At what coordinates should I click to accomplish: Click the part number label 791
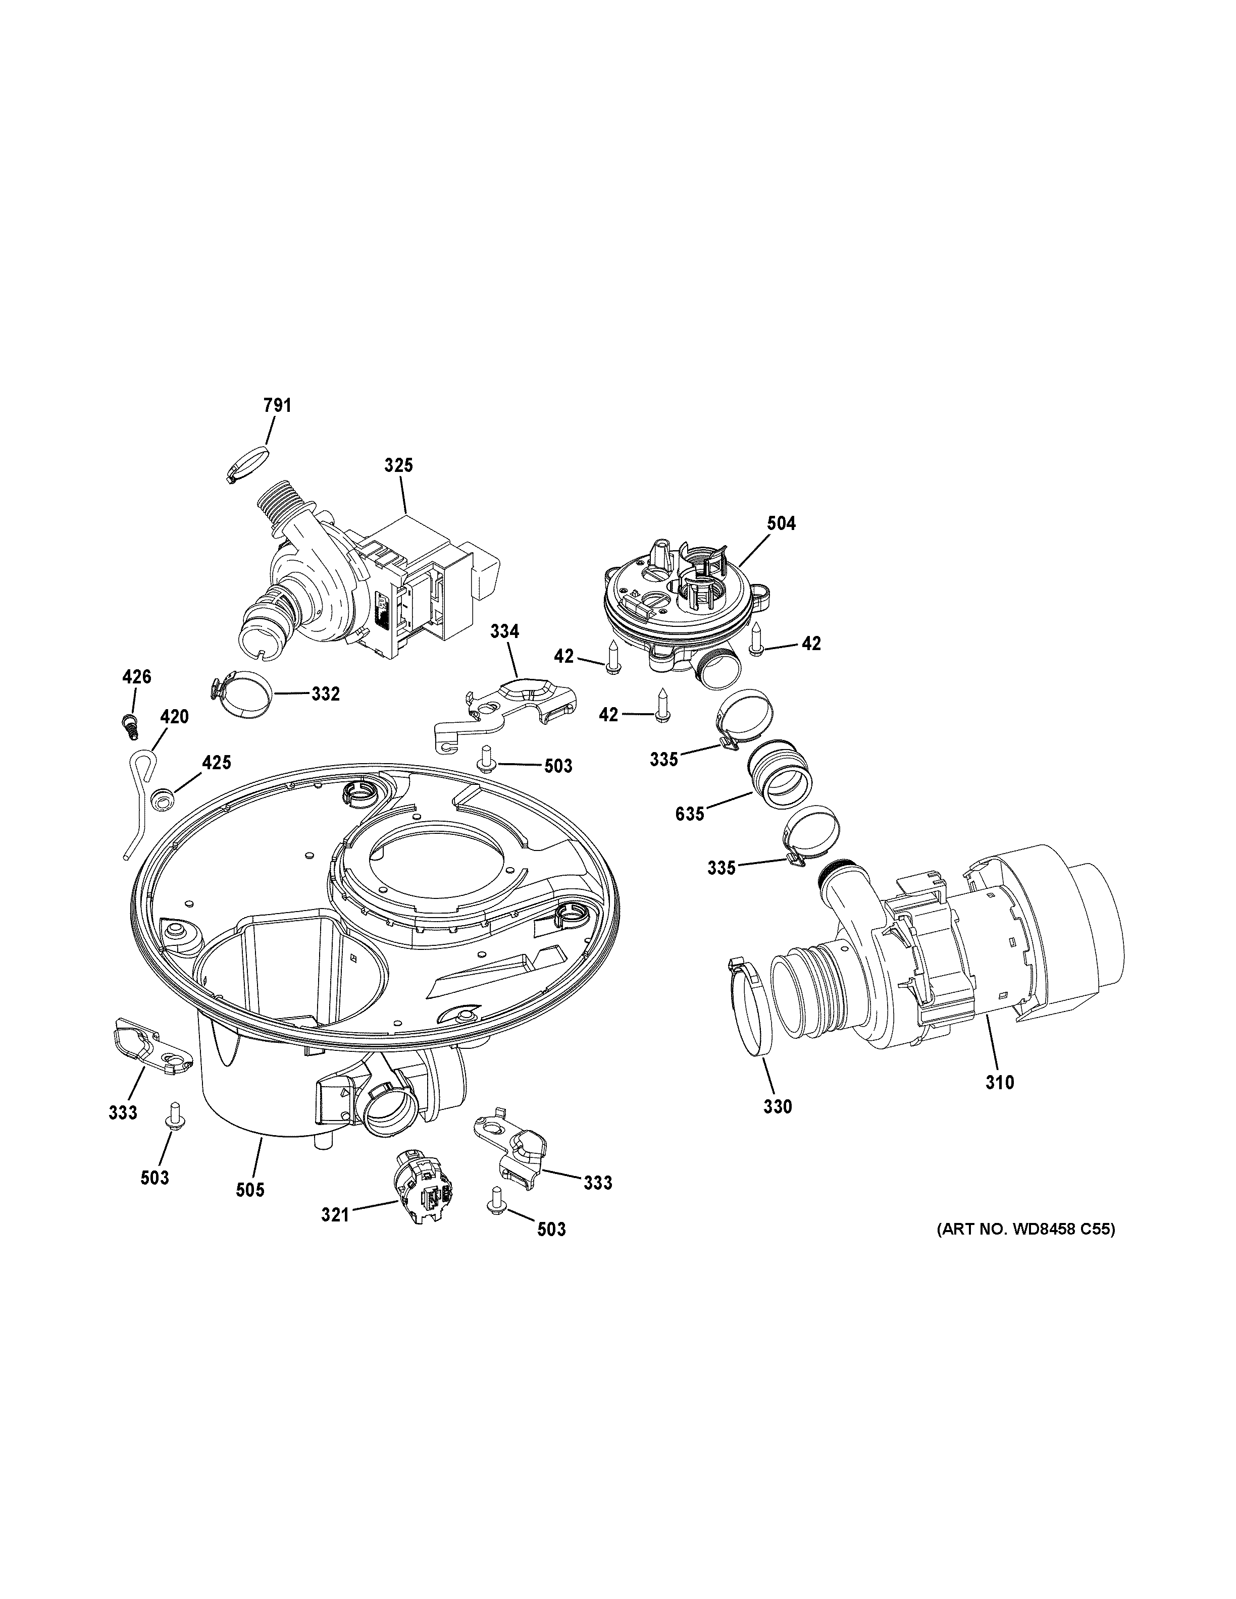click(278, 405)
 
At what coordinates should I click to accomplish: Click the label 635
click(690, 814)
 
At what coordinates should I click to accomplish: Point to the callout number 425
click(217, 763)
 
